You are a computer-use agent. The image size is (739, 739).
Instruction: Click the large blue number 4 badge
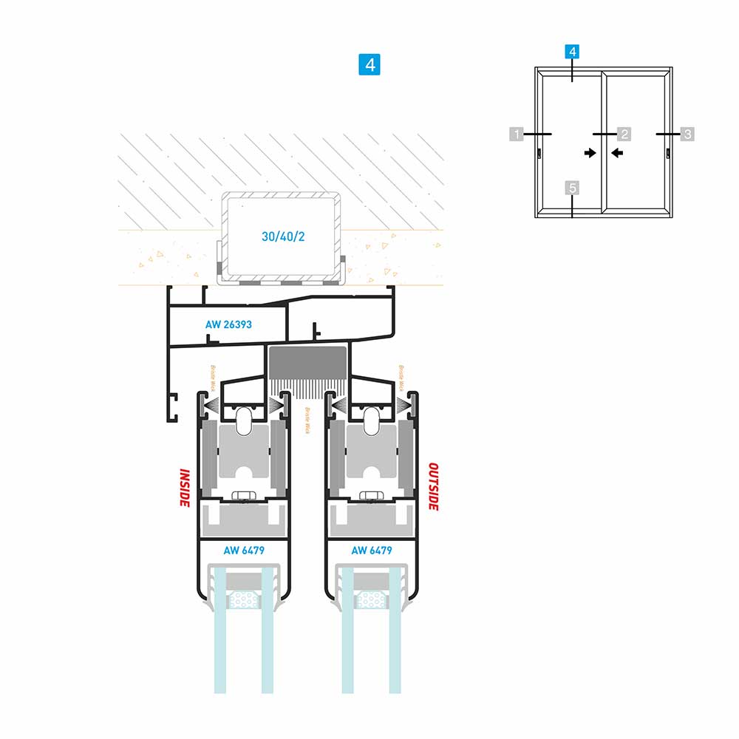(x=369, y=64)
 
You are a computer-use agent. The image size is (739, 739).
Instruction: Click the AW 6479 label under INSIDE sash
(x=244, y=550)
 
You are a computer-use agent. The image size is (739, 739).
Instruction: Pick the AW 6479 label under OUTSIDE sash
(x=371, y=550)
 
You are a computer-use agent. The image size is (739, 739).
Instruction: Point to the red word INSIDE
(x=185, y=487)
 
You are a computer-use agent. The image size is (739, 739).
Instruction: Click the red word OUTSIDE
(x=435, y=487)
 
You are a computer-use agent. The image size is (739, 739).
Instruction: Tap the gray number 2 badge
(x=624, y=134)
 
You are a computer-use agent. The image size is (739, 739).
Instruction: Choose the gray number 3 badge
(x=687, y=134)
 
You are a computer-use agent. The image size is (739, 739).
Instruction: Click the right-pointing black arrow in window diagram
(x=589, y=153)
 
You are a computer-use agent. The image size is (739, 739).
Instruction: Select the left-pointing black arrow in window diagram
(x=617, y=153)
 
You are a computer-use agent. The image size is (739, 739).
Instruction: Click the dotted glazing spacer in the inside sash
(x=243, y=599)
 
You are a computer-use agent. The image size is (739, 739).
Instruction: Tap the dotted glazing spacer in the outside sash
(x=371, y=599)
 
